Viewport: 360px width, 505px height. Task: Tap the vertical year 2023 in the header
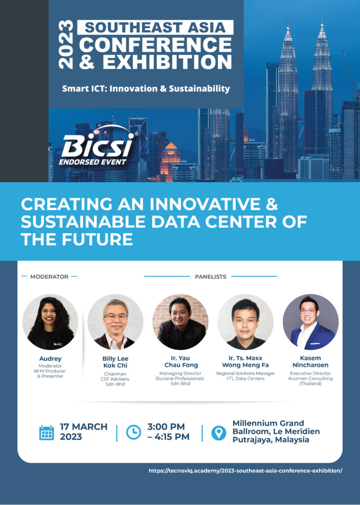66,44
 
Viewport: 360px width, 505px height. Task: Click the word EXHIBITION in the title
167,62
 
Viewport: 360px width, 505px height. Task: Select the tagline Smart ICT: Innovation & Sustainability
146,89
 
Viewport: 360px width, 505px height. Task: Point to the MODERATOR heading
49,277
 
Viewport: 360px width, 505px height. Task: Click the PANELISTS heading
211,277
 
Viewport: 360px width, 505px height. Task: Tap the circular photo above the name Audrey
50,322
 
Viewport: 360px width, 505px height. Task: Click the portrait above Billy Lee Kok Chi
115,322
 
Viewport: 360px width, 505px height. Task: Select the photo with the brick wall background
180,322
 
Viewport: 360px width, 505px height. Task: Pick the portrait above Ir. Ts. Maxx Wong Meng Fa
246,322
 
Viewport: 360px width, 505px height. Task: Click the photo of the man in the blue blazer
310,322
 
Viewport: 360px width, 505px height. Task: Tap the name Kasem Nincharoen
310,361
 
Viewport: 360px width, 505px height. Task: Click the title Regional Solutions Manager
246,373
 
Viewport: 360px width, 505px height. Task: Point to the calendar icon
47,433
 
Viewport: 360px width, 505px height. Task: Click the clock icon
133,432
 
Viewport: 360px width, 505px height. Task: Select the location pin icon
218,433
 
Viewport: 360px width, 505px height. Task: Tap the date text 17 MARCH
84,427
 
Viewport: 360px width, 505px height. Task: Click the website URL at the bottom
246,470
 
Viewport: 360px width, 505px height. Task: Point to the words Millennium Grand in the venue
268,423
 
